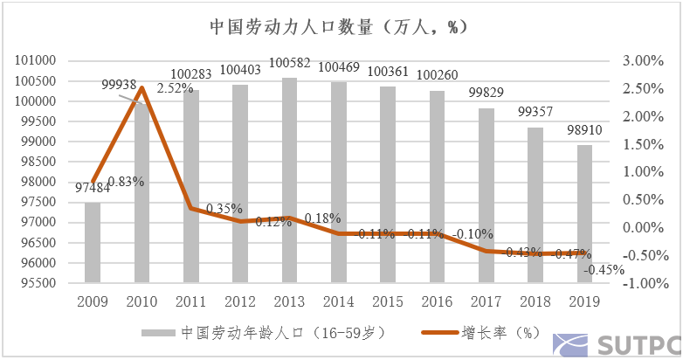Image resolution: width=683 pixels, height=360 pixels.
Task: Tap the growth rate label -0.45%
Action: click(x=605, y=269)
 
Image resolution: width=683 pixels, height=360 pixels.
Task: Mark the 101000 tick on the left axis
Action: click(x=36, y=61)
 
